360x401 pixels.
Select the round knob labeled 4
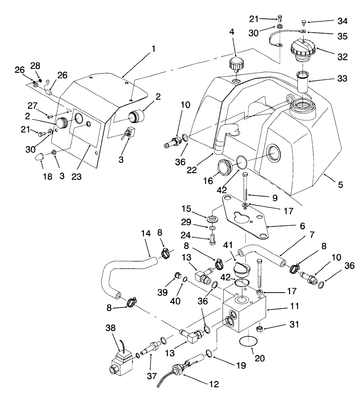235,65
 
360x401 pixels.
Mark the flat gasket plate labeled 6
245,218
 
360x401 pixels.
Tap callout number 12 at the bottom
214,384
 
